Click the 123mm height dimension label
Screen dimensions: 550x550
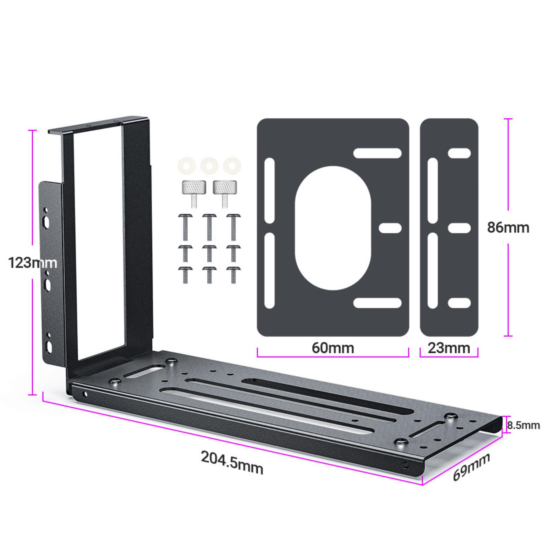(x=33, y=263)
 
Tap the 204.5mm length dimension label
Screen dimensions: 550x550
(x=232, y=462)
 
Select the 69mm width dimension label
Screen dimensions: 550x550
(x=471, y=466)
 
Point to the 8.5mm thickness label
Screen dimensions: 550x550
(x=524, y=426)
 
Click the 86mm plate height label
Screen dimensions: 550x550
(x=508, y=228)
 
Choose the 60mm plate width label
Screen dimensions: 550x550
(x=333, y=348)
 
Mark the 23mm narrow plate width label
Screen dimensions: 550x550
(x=449, y=348)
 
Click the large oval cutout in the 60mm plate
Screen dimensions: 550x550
(x=333, y=228)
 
